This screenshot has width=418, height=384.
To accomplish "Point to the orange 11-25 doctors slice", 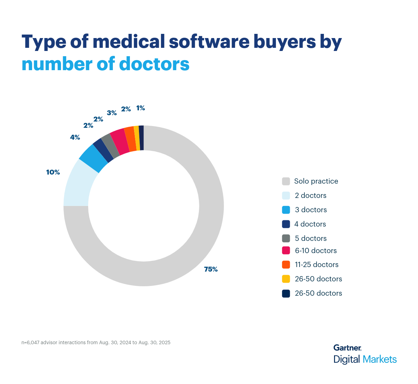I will (130, 139).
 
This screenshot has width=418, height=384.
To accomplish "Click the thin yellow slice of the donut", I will (137, 138).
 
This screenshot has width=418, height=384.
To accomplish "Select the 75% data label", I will (211, 269).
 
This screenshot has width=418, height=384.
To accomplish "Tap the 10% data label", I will (53, 172).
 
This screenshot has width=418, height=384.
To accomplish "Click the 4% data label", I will (75, 137).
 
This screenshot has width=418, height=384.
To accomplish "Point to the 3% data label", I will (112, 113).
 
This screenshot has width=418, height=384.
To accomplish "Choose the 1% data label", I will (140, 108).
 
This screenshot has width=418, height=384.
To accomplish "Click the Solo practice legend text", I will (316, 181).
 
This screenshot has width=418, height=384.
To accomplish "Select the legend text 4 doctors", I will (310, 224).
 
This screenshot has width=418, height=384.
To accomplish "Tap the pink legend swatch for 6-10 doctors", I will (286, 251).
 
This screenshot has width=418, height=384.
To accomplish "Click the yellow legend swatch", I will (286, 279).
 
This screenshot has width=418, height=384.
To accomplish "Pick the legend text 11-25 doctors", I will (317, 265).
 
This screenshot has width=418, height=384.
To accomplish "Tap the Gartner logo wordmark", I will (347, 348).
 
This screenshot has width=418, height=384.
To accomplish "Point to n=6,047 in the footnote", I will (30, 342).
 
